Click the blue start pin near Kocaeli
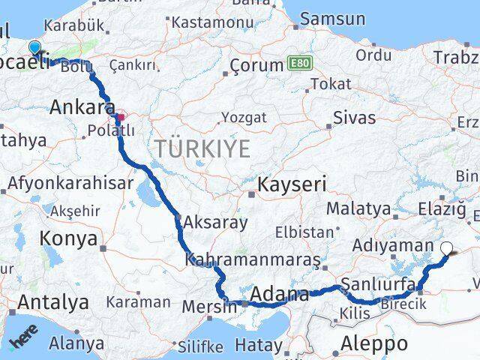coord(34,49)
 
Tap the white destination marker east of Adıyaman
coord(447,249)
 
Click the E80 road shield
coord(296,65)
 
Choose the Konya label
coord(70,239)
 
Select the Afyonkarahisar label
coord(70,182)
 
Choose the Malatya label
coord(358,208)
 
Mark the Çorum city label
coord(256,65)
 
